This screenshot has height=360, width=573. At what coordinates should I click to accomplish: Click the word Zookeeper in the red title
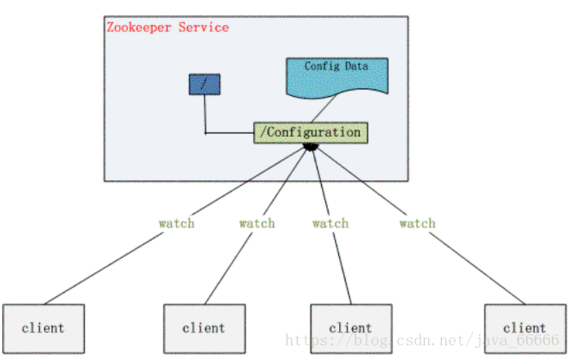pos(139,27)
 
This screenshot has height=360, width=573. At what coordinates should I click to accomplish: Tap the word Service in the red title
pos(204,27)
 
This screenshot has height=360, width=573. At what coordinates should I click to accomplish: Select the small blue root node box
pos(204,84)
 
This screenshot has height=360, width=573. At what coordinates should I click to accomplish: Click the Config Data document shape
pos(337,77)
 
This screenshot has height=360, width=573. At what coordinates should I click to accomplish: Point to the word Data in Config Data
pos(357,66)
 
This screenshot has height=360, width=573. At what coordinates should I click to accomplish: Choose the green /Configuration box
pos(311,132)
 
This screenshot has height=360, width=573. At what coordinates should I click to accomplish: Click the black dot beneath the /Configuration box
pos(311,147)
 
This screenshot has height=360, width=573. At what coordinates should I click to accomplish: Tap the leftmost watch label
pos(176,223)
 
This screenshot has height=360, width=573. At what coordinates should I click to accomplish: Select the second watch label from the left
pos(257,223)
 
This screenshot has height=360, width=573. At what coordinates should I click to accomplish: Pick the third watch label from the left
pos(330,223)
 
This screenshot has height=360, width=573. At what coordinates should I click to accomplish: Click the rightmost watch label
pos(417,223)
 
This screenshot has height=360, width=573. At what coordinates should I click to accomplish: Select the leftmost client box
pos(43,328)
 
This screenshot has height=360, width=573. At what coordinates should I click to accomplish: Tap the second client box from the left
pos(204,328)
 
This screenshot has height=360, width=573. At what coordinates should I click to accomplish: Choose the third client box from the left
pos(351,328)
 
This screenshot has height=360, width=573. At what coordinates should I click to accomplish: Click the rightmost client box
pos(525,328)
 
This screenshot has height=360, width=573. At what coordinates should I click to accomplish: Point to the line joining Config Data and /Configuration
pos(323,109)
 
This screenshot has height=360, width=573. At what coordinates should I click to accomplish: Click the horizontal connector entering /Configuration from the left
pos(229,133)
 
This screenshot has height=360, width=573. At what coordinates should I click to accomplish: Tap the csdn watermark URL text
pos(422,340)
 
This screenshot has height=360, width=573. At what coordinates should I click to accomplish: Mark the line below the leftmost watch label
pos(104,268)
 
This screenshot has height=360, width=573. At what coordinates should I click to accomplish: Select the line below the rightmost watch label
pos(477,268)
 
